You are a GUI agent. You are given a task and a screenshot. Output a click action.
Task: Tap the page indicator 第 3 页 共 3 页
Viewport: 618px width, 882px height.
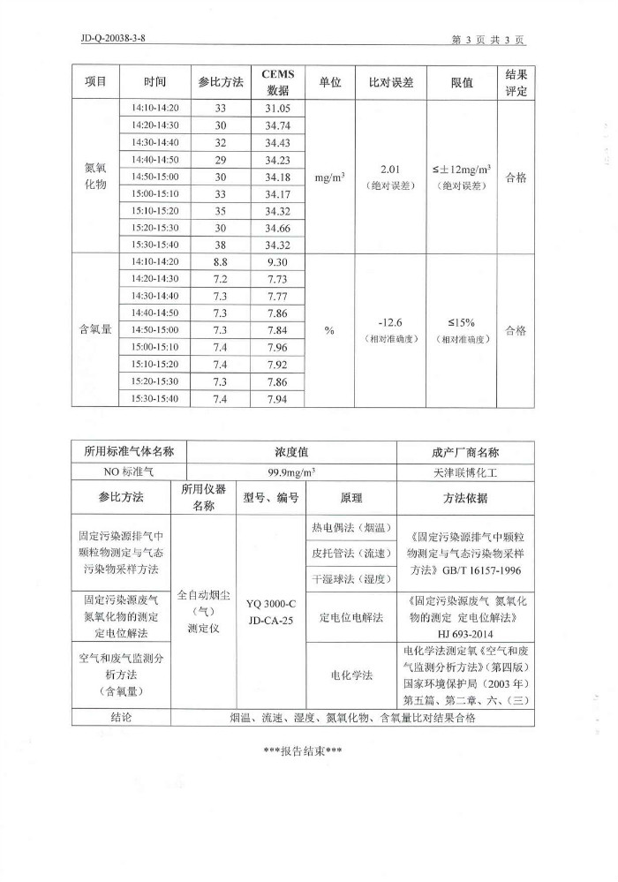point(488,40)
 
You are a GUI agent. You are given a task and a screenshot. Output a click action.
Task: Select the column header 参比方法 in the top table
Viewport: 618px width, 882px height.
point(221,81)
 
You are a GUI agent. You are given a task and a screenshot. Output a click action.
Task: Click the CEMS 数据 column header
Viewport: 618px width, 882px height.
point(278,82)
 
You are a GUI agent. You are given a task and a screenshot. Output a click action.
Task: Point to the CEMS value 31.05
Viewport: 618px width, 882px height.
point(277,109)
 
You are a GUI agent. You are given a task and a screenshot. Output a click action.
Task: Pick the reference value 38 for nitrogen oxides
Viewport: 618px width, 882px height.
point(221,244)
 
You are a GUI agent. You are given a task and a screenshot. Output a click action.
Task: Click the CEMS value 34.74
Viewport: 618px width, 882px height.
point(277,125)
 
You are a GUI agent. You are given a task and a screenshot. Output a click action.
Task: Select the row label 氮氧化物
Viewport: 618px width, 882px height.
point(94,176)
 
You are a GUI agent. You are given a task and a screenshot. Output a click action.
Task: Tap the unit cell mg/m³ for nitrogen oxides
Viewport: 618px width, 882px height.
point(329,177)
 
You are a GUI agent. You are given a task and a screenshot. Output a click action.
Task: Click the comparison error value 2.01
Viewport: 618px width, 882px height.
point(390,169)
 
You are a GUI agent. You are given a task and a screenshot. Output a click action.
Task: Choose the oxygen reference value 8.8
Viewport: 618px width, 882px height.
point(221,262)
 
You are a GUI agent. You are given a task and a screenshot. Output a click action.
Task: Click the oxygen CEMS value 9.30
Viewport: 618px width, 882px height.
point(277,262)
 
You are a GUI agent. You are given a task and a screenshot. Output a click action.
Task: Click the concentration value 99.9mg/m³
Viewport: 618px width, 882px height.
point(292,471)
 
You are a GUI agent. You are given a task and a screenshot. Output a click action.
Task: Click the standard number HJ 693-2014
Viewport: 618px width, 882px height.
point(468,633)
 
